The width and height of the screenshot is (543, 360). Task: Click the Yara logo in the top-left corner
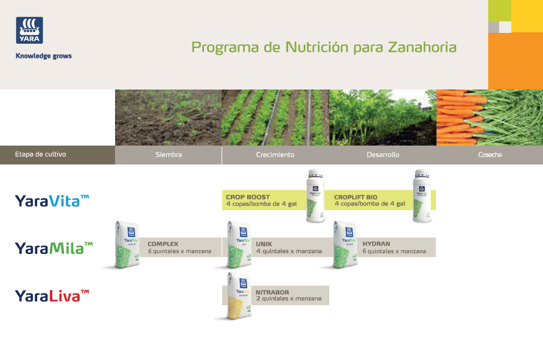point(29,31)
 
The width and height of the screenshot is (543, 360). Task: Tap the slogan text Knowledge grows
point(43,56)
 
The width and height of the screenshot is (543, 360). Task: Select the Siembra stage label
point(169,155)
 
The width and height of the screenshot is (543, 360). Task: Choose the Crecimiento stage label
point(275,155)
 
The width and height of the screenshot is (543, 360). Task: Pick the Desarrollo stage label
point(383,155)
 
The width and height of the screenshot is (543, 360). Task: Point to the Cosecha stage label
point(490,155)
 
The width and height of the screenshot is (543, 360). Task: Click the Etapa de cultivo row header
point(41,155)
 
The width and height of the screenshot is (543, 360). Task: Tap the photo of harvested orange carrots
point(489,118)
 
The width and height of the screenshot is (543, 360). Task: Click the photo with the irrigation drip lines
point(275,118)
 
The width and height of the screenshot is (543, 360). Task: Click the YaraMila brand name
point(54,248)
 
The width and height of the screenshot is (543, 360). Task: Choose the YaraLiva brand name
point(52,296)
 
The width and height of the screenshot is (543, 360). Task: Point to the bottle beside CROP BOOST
point(315,196)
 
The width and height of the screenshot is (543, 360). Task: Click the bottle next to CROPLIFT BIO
point(422,196)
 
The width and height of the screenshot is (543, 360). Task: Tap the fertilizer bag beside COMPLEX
point(127,245)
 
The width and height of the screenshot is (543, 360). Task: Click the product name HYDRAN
point(376,244)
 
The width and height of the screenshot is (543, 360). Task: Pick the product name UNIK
point(264,244)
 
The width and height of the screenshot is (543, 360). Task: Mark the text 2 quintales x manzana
point(289,299)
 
